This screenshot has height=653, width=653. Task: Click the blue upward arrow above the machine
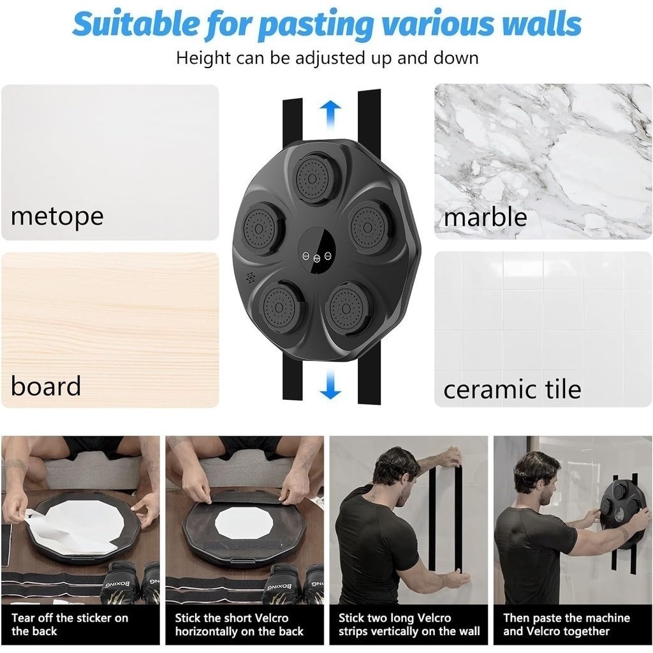[x=331, y=114]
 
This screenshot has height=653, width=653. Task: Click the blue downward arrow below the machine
[x=331, y=385]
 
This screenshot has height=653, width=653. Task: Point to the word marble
[x=485, y=217]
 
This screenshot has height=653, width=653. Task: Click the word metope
[x=57, y=217]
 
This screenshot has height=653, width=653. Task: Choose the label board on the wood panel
[x=46, y=386]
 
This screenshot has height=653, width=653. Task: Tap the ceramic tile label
[x=512, y=389]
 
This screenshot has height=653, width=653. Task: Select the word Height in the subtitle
[x=203, y=58]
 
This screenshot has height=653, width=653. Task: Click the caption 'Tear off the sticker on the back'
[x=70, y=624]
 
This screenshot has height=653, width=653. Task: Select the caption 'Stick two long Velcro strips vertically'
[x=409, y=624]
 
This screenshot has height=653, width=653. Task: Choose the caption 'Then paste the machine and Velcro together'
[x=566, y=624]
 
